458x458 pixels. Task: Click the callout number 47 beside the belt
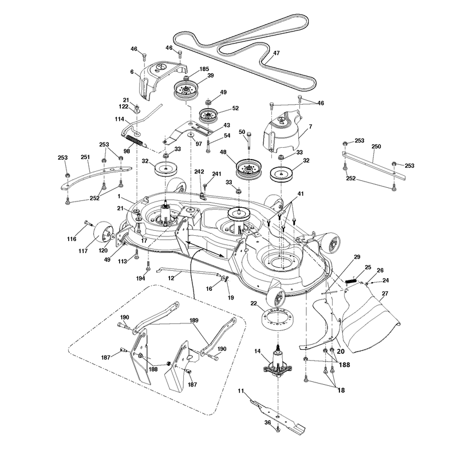277,53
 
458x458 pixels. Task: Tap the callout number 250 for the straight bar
376,147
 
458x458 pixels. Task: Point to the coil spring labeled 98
135,140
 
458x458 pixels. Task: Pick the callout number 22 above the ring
254,303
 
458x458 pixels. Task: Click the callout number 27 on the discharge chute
385,294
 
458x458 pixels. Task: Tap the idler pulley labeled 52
208,116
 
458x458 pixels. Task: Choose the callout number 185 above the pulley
204,69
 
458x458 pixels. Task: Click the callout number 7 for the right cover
310,127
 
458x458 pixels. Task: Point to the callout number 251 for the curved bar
85,157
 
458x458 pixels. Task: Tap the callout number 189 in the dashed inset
194,321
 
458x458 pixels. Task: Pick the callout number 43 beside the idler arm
226,125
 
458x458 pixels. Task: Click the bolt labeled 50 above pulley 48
248,141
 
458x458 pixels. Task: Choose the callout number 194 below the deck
140,279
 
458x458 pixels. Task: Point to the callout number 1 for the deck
119,196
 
